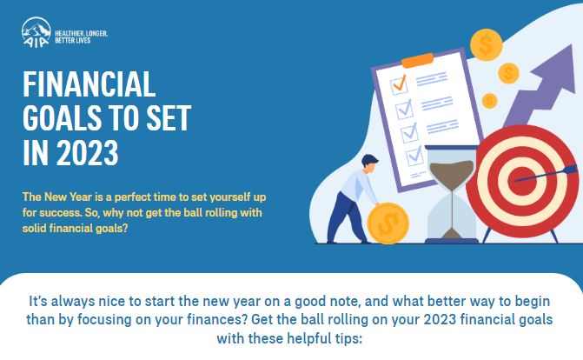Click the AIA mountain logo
tap(36, 32)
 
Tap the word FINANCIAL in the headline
tap(89, 83)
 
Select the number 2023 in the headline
tap(88, 153)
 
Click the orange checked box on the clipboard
tap(400, 84)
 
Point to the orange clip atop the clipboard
tap(418, 60)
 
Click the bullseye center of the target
tap(522, 182)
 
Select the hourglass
tap(452, 195)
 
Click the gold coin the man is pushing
tap(388, 223)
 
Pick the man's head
tap(369, 163)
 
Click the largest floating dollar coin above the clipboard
tap(486, 44)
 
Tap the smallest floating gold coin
tap(489, 101)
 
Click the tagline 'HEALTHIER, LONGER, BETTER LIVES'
tap(81, 37)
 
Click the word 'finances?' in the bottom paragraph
tap(216, 319)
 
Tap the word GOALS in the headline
tap(62, 118)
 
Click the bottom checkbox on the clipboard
tap(414, 156)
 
